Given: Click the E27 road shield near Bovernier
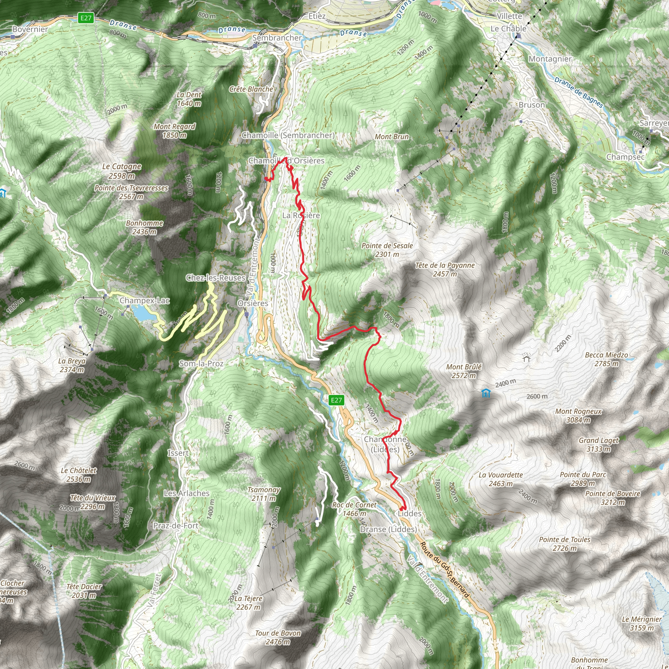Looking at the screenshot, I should coord(86,18).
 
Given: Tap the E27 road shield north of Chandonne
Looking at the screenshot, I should coord(336,400).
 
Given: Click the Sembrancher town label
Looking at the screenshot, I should coord(277,38).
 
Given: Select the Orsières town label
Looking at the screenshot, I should coord(253,303).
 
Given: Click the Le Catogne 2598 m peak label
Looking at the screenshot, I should coord(122,171).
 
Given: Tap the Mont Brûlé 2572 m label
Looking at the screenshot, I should coord(464,371).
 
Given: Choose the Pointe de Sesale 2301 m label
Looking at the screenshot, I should coord(387,250).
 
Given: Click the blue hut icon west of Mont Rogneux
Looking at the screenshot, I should coord(486,393).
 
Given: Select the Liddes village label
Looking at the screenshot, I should coord(409,514).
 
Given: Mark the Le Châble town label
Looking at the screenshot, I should coord(508,29).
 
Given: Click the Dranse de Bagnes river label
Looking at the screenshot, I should coord(579,92).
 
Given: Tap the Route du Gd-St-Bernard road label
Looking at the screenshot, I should coord(445,570).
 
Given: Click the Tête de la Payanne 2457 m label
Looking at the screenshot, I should coord(445,269).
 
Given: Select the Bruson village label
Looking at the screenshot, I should coord(532,105).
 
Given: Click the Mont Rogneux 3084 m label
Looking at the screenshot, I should coord(578,416).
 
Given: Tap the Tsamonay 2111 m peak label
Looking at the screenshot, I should coord(264,494).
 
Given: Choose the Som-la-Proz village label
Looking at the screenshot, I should coord(201,364).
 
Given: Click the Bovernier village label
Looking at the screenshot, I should coord(30,29).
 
